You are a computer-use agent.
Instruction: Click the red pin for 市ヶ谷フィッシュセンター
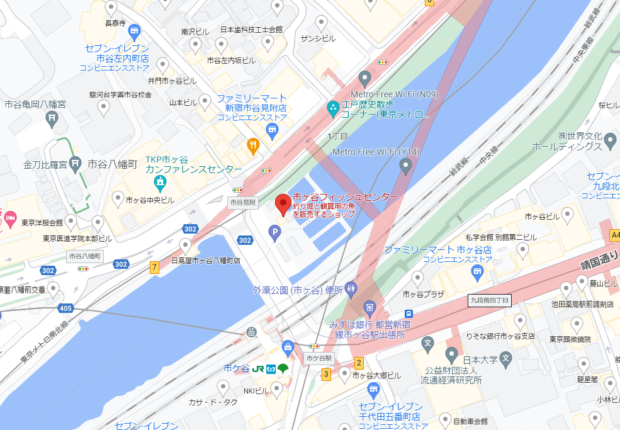(283, 204)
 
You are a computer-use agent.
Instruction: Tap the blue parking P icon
(274, 234)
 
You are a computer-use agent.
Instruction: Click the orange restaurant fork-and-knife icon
(253, 145)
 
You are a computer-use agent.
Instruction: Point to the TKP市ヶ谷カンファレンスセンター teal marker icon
(161, 183)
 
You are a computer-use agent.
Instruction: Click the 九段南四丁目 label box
(490, 300)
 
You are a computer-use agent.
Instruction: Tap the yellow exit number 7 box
(154, 267)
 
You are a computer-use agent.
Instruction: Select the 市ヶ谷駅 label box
(319, 358)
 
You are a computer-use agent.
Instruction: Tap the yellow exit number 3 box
(326, 375)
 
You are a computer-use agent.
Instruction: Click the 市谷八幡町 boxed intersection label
(84, 256)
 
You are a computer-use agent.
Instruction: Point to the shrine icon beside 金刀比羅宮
(75, 164)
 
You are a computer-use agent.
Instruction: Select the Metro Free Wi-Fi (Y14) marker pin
(405, 166)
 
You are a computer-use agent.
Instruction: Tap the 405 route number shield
(65, 308)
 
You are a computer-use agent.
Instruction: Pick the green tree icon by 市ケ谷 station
(283, 368)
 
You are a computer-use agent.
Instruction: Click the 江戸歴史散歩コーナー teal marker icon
(332, 109)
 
